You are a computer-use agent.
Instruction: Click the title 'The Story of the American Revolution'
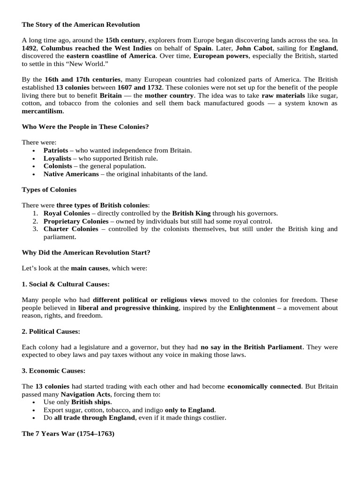[x=81, y=24]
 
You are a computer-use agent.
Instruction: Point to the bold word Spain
[x=202, y=48]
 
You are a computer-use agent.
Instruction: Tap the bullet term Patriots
[x=56, y=150]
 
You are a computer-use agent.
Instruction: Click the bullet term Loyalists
[x=57, y=158]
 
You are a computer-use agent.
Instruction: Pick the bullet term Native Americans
[x=71, y=174]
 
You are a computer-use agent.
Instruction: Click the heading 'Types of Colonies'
[x=49, y=189]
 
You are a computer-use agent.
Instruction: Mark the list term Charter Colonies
[x=71, y=229]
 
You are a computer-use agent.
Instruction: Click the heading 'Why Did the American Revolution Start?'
[x=86, y=252]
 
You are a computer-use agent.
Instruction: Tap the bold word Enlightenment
[x=252, y=307]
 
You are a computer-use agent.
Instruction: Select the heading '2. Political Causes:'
[x=51, y=331]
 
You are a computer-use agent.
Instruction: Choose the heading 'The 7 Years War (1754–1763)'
[x=68, y=434]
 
